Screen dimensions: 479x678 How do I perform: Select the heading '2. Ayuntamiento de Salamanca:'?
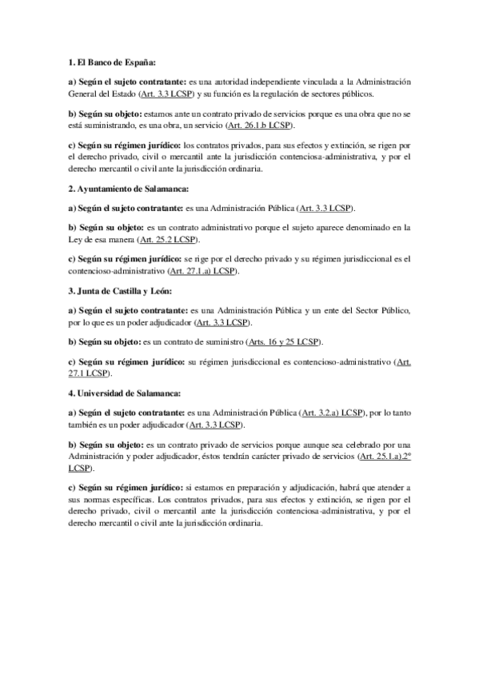(x=128, y=189)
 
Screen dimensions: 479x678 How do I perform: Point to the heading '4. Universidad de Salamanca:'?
(x=125, y=393)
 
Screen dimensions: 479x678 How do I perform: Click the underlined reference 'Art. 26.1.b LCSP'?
(x=260, y=126)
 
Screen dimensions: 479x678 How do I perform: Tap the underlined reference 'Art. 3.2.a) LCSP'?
(x=330, y=413)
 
